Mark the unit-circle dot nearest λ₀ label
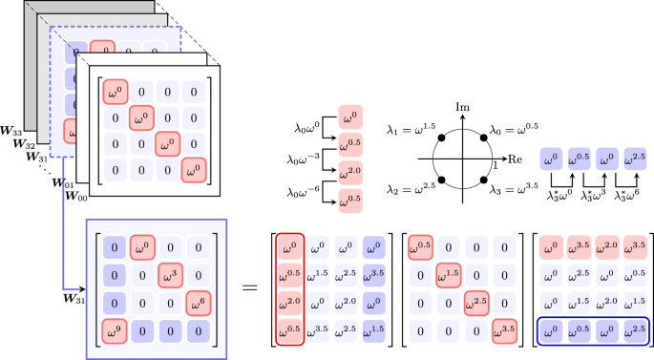(x=487, y=138)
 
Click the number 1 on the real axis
(x=495, y=166)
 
